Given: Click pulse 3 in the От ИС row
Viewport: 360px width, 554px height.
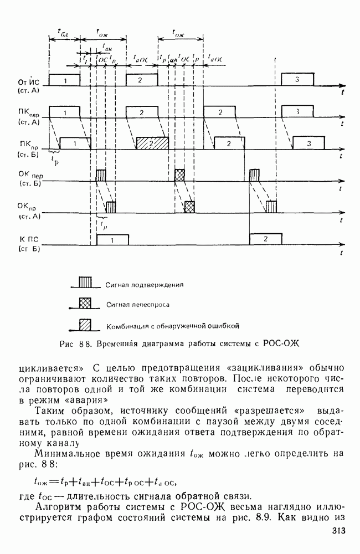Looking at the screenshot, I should (297, 80).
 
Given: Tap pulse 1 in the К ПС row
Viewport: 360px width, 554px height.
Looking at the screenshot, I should (112, 240).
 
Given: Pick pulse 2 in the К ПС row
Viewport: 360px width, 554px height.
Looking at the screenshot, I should (266, 239).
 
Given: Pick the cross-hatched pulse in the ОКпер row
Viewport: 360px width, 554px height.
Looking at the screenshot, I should (179, 175).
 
